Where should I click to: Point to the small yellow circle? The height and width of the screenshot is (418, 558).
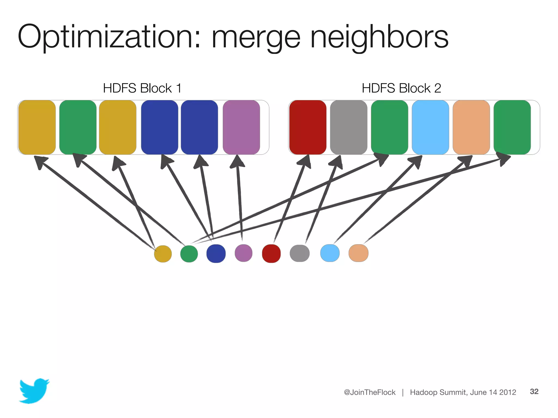coord(163,254)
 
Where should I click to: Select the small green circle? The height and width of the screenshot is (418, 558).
coord(189,254)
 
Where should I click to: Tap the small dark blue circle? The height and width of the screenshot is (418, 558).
coord(216,253)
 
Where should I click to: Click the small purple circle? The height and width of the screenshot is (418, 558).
coord(244,253)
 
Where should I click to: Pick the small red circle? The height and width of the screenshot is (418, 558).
coord(271,253)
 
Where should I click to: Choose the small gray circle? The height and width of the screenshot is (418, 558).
coord(300,253)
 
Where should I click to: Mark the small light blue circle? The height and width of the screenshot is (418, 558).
coord(330,253)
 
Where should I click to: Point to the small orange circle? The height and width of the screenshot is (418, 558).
coord(359,253)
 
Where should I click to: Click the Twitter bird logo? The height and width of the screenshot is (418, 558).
coord(34,391)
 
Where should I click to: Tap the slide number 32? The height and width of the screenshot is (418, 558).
coord(534,391)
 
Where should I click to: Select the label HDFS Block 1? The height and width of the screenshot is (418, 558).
coord(142,88)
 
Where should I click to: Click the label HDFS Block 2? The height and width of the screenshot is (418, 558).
coord(401,88)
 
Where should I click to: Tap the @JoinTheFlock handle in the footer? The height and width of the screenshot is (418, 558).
coord(369,392)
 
